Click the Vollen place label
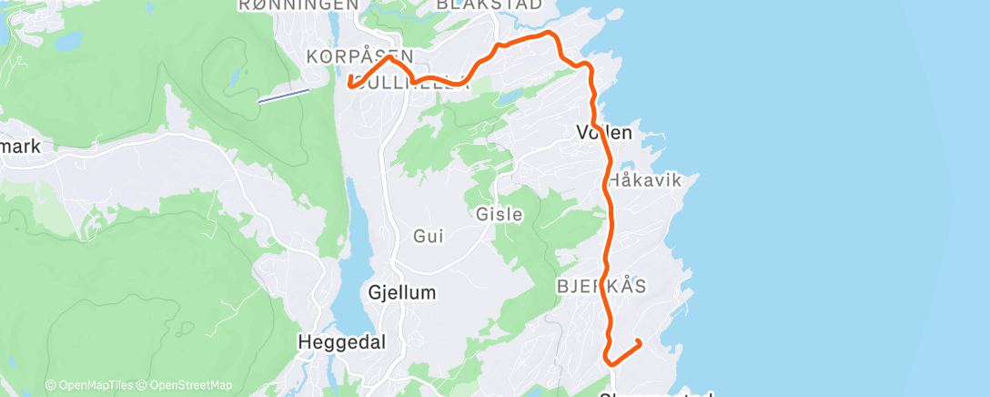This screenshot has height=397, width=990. click(x=604, y=133)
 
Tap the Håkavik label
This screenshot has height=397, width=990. click(x=644, y=180)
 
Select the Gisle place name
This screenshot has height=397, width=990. click(x=500, y=215)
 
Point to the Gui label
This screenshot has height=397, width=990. click(x=428, y=237)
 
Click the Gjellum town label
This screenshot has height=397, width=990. click(x=403, y=293)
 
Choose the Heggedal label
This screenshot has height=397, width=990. click(x=342, y=342)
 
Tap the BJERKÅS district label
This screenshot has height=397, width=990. click(x=601, y=286)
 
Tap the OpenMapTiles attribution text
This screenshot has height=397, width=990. click(x=93, y=385)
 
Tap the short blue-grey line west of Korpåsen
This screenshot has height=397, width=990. click(x=283, y=95)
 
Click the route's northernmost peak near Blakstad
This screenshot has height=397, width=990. click(x=548, y=33)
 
